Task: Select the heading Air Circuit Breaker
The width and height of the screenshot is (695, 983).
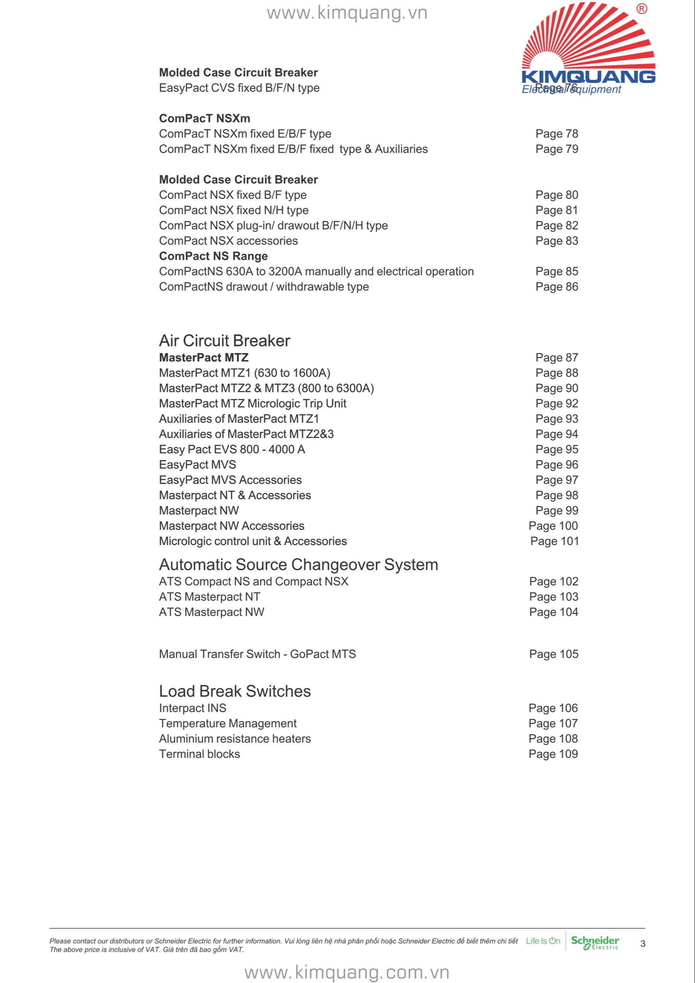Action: coord(224,341)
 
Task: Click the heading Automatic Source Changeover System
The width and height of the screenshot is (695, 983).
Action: coord(299,565)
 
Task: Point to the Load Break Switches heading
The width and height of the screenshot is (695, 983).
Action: coord(235,691)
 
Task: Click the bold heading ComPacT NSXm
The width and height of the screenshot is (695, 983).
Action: coord(204,118)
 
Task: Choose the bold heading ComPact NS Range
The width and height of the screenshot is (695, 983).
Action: coord(213,256)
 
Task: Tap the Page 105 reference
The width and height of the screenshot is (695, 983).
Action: coord(553,654)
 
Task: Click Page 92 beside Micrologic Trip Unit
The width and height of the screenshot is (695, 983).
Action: coord(557,403)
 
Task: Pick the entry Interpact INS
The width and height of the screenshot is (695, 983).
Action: coord(192,708)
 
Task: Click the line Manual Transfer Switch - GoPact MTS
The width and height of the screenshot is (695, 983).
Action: coord(257,654)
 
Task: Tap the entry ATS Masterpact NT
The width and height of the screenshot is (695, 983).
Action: coord(209,596)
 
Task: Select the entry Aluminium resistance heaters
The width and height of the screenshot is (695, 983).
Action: coord(235,738)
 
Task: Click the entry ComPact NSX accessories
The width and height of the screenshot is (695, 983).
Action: coord(228,241)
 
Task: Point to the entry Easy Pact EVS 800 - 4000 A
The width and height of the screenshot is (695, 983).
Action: coord(232,449)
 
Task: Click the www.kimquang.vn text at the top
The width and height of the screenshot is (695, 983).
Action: coord(347,13)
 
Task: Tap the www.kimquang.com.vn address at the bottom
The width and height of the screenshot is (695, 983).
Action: coord(347,972)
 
